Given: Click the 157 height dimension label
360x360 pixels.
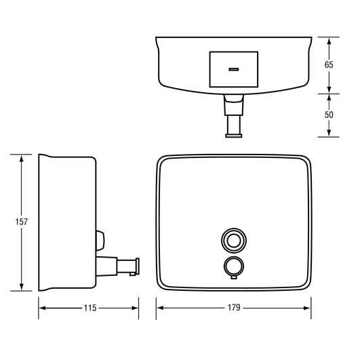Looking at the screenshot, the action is [x=21, y=222].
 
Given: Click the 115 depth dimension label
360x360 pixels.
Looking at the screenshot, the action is [x=90, y=308].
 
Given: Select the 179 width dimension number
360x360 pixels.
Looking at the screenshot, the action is [x=234, y=308].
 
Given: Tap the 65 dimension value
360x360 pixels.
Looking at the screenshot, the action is [x=329, y=65].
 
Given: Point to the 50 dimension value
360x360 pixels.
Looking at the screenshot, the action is [x=329, y=115].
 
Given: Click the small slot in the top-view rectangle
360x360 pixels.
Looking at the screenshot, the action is [x=234, y=69].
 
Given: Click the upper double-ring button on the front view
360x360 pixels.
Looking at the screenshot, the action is [x=234, y=241].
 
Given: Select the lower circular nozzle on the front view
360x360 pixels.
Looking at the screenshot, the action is [x=234, y=266].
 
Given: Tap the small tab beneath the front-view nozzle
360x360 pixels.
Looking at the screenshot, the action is [x=234, y=278].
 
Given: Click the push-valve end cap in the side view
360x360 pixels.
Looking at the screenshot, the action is [x=138, y=266].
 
